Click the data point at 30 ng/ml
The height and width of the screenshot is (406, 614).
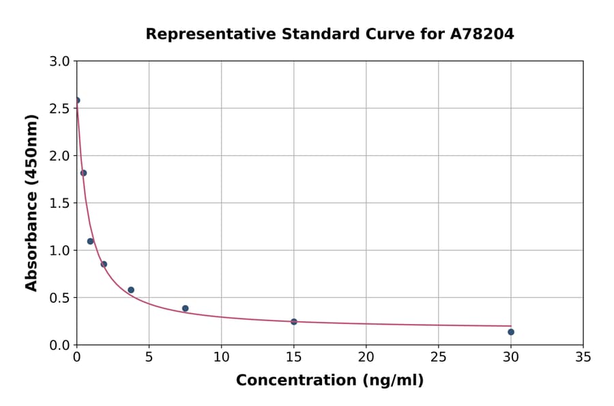(511, 332)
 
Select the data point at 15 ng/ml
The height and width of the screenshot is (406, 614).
(294, 321)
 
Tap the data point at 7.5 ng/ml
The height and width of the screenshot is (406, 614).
(186, 308)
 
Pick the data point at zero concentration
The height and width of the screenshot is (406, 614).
(77, 100)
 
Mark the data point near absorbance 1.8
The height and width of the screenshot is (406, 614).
(84, 173)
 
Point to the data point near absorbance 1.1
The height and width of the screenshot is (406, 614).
(90, 241)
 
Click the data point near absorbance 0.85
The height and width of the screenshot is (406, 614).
(104, 265)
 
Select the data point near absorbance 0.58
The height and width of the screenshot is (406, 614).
(131, 290)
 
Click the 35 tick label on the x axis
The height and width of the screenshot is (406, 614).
(583, 357)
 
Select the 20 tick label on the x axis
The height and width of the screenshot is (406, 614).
(366, 357)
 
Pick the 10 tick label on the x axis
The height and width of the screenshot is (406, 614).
(221, 357)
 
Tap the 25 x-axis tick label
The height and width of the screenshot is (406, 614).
(439, 357)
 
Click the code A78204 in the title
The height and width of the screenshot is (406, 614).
(482, 34)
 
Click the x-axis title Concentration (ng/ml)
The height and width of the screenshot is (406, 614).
(330, 381)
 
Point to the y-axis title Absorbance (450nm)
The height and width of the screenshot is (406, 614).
(31, 202)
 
